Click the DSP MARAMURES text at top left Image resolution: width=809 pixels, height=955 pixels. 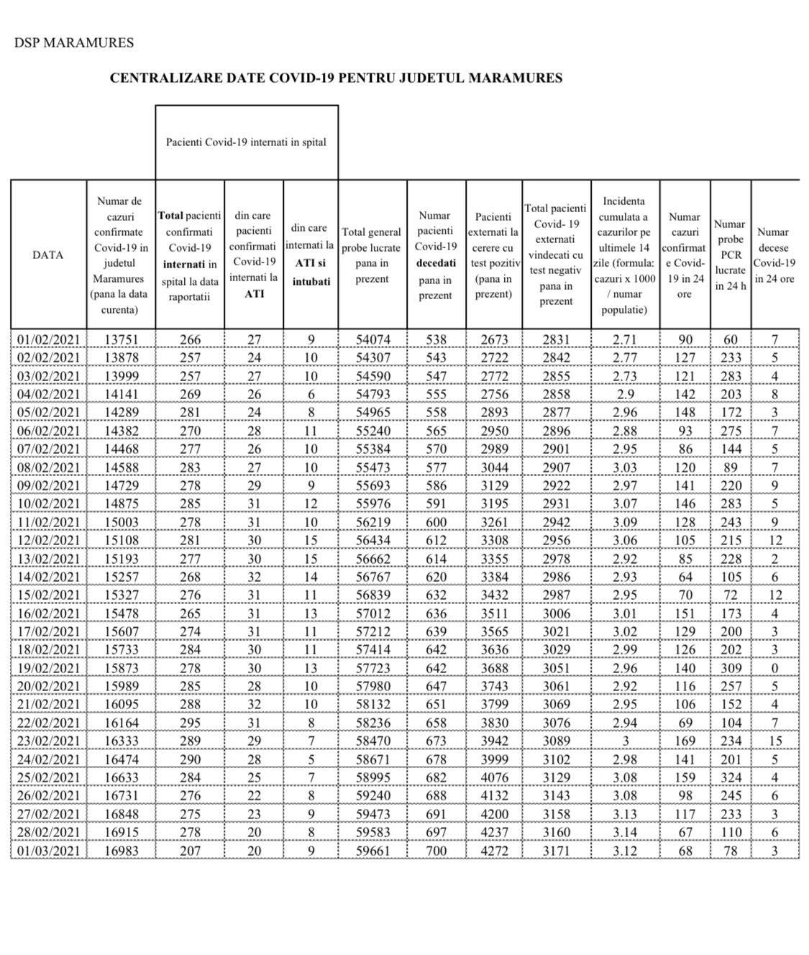point(73,42)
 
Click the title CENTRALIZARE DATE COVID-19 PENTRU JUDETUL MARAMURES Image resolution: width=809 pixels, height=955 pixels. point(336,78)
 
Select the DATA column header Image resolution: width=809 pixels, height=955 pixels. point(47,255)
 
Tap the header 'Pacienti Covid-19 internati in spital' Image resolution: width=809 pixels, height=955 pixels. point(246,142)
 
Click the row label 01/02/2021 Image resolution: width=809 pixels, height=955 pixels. point(48,339)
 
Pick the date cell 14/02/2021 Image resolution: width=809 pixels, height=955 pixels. point(48,577)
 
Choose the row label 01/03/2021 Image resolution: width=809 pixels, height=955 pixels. point(48,851)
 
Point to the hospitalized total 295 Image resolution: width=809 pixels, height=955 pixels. point(190,723)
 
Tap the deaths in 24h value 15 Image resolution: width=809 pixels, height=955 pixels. point(774,741)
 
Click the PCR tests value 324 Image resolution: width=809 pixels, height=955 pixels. point(730,777)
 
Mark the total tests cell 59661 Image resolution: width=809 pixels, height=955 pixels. point(372,851)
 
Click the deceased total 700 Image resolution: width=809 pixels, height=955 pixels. point(436,851)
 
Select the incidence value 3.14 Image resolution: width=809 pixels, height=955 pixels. point(625,832)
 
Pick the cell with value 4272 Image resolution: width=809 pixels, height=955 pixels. point(494,851)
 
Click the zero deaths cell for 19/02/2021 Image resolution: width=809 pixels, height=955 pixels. point(774,668)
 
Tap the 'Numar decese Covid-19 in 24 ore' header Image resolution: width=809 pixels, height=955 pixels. point(774,255)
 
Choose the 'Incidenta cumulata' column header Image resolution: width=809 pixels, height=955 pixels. point(624,255)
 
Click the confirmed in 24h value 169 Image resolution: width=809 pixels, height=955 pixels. point(685,741)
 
